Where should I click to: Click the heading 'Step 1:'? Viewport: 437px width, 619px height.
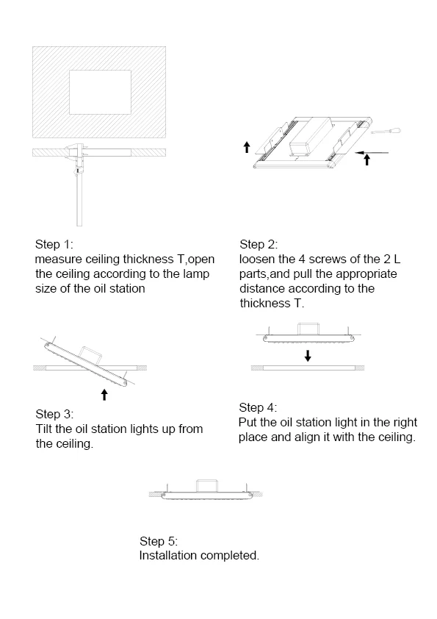click(54, 244)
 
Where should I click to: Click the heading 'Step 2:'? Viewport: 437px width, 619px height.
click(259, 244)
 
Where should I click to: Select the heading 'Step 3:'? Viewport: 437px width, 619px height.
click(54, 414)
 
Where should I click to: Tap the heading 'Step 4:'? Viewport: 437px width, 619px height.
click(258, 407)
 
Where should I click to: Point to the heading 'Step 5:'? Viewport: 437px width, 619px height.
click(159, 541)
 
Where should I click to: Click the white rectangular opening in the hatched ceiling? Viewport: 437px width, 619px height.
click(100, 93)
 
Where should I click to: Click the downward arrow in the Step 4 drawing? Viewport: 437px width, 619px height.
click(308, 356)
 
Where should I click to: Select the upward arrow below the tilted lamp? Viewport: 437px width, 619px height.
click(104, 394)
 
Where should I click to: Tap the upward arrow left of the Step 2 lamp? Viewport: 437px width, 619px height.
click(247, 147)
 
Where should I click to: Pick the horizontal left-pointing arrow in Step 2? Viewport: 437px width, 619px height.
click(371, 152)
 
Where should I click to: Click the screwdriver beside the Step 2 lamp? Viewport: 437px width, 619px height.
click(386, 131)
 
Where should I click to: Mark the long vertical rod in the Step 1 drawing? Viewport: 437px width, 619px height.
click(79, 201)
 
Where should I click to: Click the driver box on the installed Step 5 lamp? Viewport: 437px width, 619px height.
click(207, 486)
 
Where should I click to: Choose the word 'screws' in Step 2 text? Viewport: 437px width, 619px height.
click(326, 260)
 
